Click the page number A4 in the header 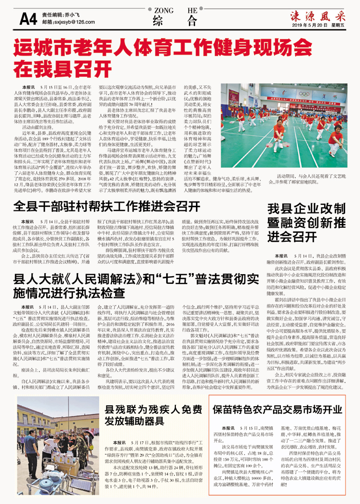(27, 19)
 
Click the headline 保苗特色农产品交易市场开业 (277, 409)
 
